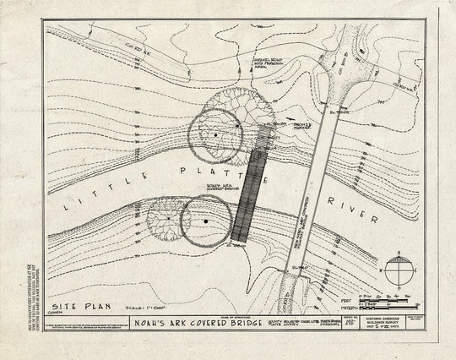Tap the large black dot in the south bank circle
pos(205,221)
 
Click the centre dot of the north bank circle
pos(216,134)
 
